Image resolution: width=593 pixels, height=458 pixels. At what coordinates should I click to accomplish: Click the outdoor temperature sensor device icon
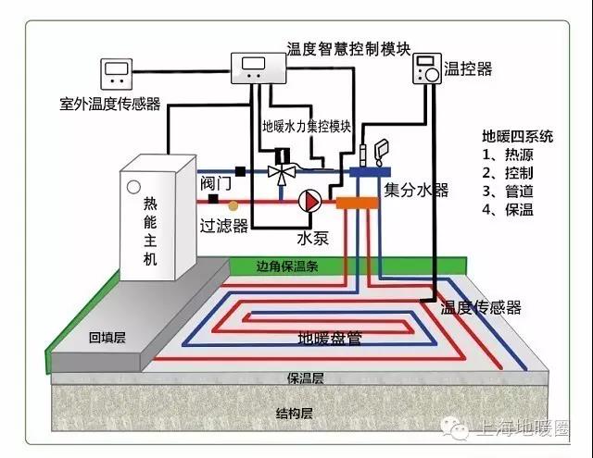118,73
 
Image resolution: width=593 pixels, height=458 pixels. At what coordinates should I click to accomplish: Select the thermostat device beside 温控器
427,69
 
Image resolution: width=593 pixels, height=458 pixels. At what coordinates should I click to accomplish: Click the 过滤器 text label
223,225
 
